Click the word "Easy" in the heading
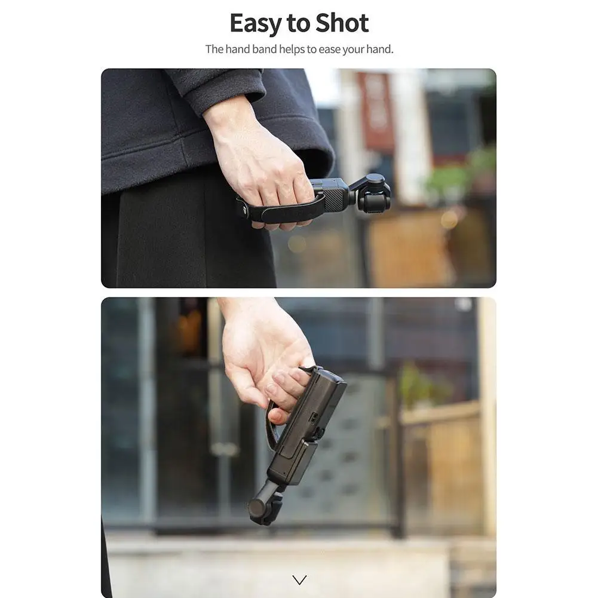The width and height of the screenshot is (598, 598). [x=255, y=24]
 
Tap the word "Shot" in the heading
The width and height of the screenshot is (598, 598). [x=342, y=23]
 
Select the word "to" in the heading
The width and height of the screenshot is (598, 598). [x=298, y=24]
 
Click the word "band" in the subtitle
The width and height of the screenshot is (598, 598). [x=264, y=49]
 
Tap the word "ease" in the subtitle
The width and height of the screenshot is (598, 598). [x=329, y=49]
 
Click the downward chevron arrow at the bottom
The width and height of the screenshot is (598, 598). [x=299, y=579]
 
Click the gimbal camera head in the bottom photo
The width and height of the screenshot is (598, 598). [x=263, y=508]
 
